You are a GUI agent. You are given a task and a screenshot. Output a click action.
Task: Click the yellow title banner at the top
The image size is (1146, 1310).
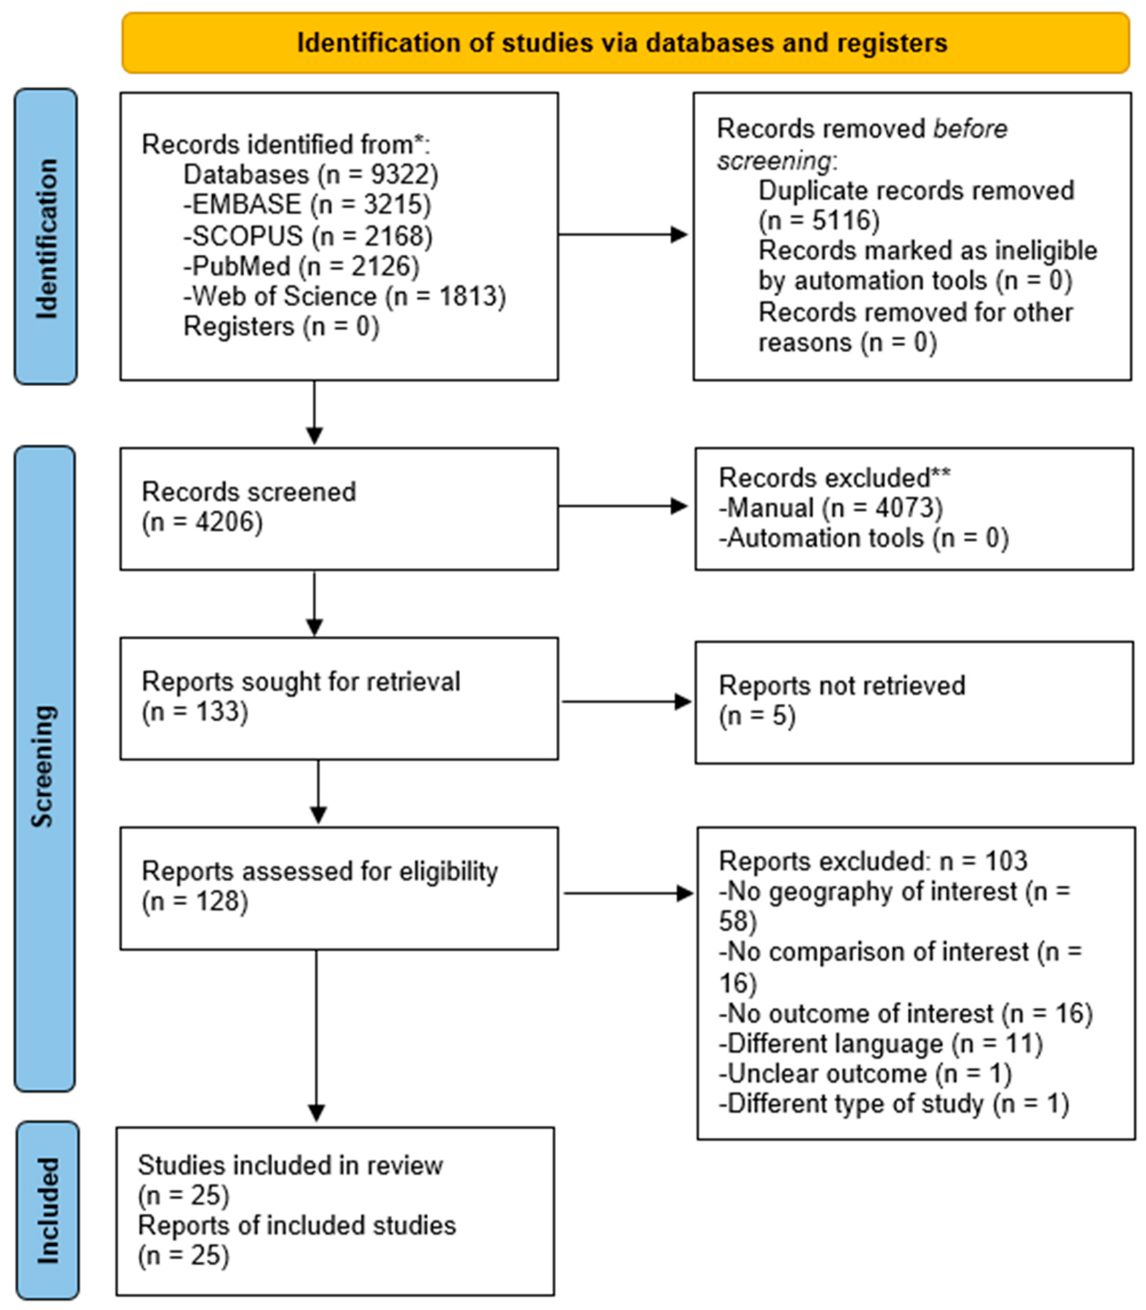click(x=626, y=43)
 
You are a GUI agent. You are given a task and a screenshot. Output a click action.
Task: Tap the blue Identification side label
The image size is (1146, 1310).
click(x=46, y=237)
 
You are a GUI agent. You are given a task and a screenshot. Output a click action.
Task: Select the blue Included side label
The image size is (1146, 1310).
click(x=47, y=1211)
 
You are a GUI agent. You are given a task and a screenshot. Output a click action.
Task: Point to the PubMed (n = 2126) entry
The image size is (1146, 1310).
click(x=301, y=266)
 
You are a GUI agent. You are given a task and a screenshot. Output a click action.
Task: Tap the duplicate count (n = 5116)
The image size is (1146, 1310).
click(x=819, y=221)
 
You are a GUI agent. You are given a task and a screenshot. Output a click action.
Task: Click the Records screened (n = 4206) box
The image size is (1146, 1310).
click(x=339, y=509)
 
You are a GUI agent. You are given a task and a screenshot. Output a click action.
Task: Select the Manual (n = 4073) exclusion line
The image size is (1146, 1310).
click(x=831, y=508)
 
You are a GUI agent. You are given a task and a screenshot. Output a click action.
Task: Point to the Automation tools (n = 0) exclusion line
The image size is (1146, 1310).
click(x=863, y=538)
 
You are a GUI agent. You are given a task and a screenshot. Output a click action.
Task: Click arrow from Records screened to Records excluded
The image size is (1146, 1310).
click(x=623, y=506)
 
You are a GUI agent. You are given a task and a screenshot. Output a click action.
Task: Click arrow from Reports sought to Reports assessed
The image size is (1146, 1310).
click(x=318, y=792)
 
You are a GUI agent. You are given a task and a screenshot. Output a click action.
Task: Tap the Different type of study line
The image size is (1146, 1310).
click(x=894, y=1104)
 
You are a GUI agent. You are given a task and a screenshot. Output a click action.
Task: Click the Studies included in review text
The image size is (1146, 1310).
click(x=290, y=1165)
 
